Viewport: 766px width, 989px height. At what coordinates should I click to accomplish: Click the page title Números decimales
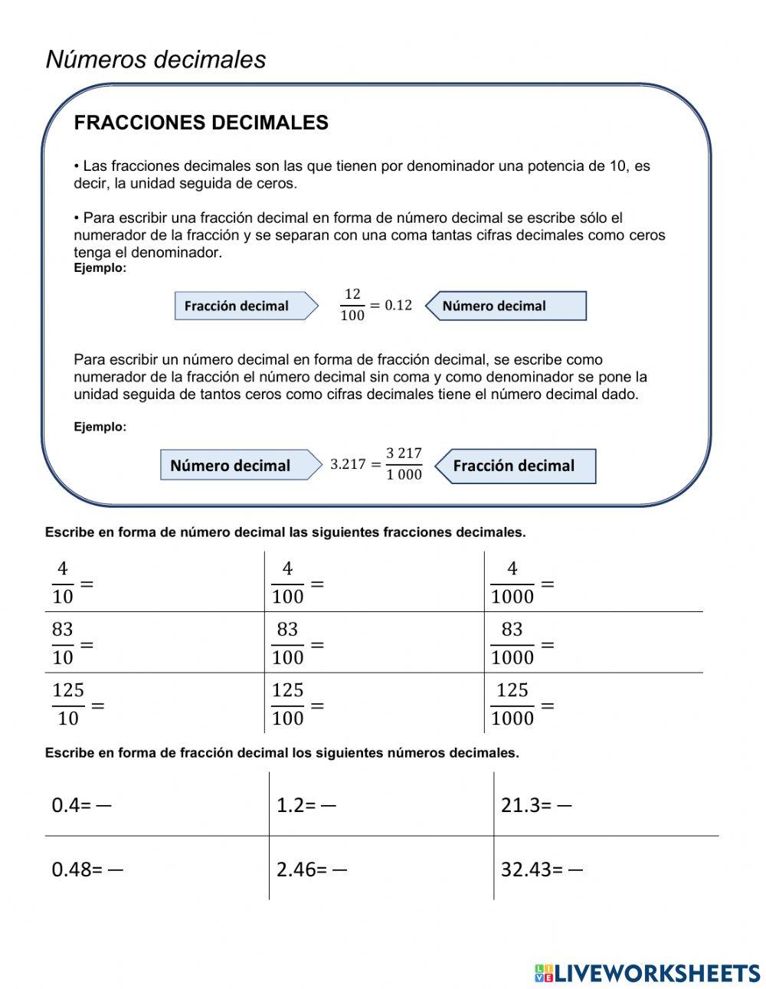pyautogui.click(x=155, y=59)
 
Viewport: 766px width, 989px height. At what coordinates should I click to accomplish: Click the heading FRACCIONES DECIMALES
pyautogui.click(x=201, y=123)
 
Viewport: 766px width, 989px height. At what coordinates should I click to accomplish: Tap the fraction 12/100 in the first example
pyautogui.click(x=352, y=305)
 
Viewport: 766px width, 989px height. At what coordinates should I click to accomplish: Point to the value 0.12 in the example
pyautogui.click(x=398, y=305)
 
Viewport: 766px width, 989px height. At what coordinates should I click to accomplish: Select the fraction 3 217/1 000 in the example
pyautogui.click(x=404, y=464)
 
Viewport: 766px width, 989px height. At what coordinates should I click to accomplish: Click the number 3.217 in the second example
pyautogui.click(x=348, y=464)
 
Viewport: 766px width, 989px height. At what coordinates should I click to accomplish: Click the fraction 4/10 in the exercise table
pyautogui.click(x=63, y=582)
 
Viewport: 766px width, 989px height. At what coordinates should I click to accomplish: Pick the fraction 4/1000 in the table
pyautogui.click(x=512, y=582)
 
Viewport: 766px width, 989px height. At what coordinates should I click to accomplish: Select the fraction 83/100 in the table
pyautogui.click(x=287, y=644)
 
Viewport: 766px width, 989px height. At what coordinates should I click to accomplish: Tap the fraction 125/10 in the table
pyautogui.click(x=68, y=704)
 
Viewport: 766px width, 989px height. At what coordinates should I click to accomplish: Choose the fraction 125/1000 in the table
pyautogui.click(x=512, y=704)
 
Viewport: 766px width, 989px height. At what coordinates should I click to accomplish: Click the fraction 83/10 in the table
pyautogui.click(x=63, y=644)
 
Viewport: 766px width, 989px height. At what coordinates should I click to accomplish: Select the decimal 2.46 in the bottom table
pyautogui.click(x=296, y=869)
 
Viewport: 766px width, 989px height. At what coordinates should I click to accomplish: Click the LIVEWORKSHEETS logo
pyautogui.click(x=647, y=973)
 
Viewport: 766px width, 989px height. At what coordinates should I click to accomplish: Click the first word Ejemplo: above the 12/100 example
pyautogui.click(x=100, y=268)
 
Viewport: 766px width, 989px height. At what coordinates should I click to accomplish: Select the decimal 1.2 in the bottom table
pyautogui.click(x=290, y=805)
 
